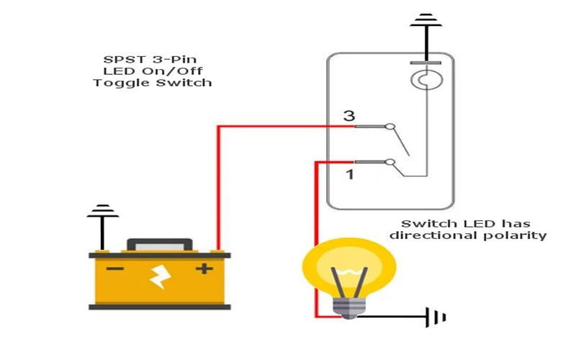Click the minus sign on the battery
click(115, 270)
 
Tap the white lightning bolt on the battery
click(159, 276)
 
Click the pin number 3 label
click(349, 116)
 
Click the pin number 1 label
click(349, 174)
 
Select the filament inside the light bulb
click(349, 281)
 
